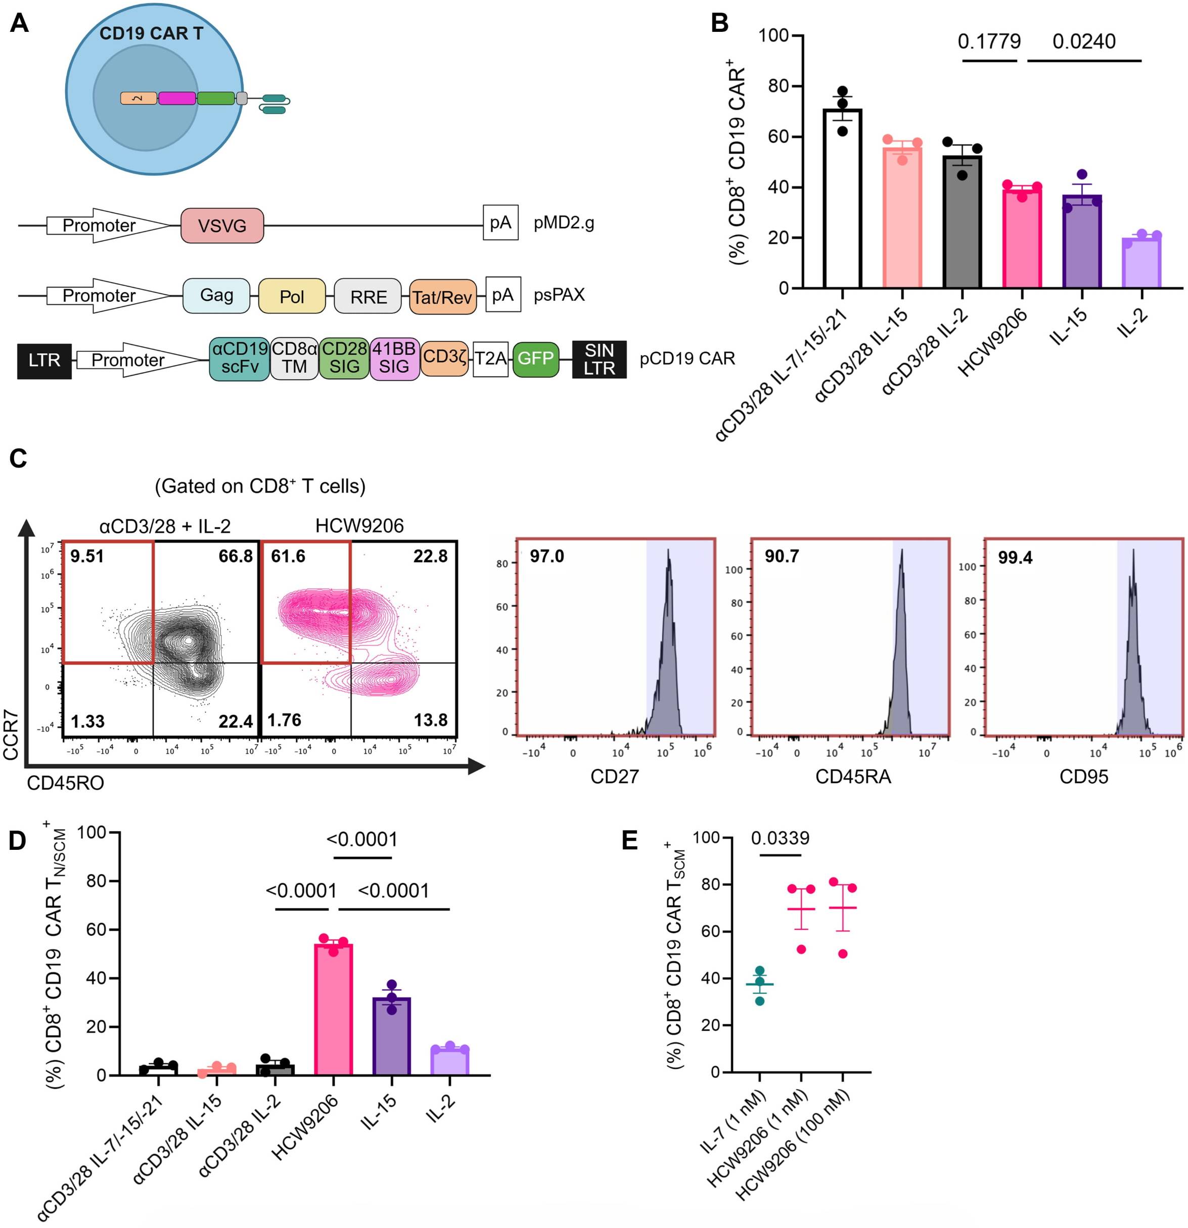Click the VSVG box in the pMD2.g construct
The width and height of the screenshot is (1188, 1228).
click(x=222, y=225)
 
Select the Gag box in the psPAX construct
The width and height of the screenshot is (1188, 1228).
click(x=216, y=295)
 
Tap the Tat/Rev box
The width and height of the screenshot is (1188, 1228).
click(x=442, y=297)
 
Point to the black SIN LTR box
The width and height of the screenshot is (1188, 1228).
click(x=599, y=359)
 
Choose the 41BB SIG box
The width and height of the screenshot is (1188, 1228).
click(x=394, y=358)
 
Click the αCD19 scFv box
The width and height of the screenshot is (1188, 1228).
click(x=239, y=358)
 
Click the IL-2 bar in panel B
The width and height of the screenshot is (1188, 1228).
click(x=1141, y=263)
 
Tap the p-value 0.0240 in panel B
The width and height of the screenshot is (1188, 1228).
click(x=1084, y=41)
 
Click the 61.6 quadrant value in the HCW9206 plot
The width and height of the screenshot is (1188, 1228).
click(x=288, y=556)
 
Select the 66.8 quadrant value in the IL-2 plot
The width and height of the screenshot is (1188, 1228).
click(x=236, y=556)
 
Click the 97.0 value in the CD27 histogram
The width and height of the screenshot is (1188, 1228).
click(x=546, y=556)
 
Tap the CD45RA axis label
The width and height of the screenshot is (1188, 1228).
click(x=853, y=777)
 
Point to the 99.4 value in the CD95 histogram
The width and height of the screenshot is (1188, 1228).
click(x=1015, y=557)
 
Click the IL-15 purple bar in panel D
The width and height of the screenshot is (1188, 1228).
click(x=392, y=1036)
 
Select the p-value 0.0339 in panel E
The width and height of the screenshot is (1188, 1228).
click(x=780, y=838)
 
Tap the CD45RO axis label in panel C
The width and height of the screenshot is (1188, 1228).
click(x=65, y=783)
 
